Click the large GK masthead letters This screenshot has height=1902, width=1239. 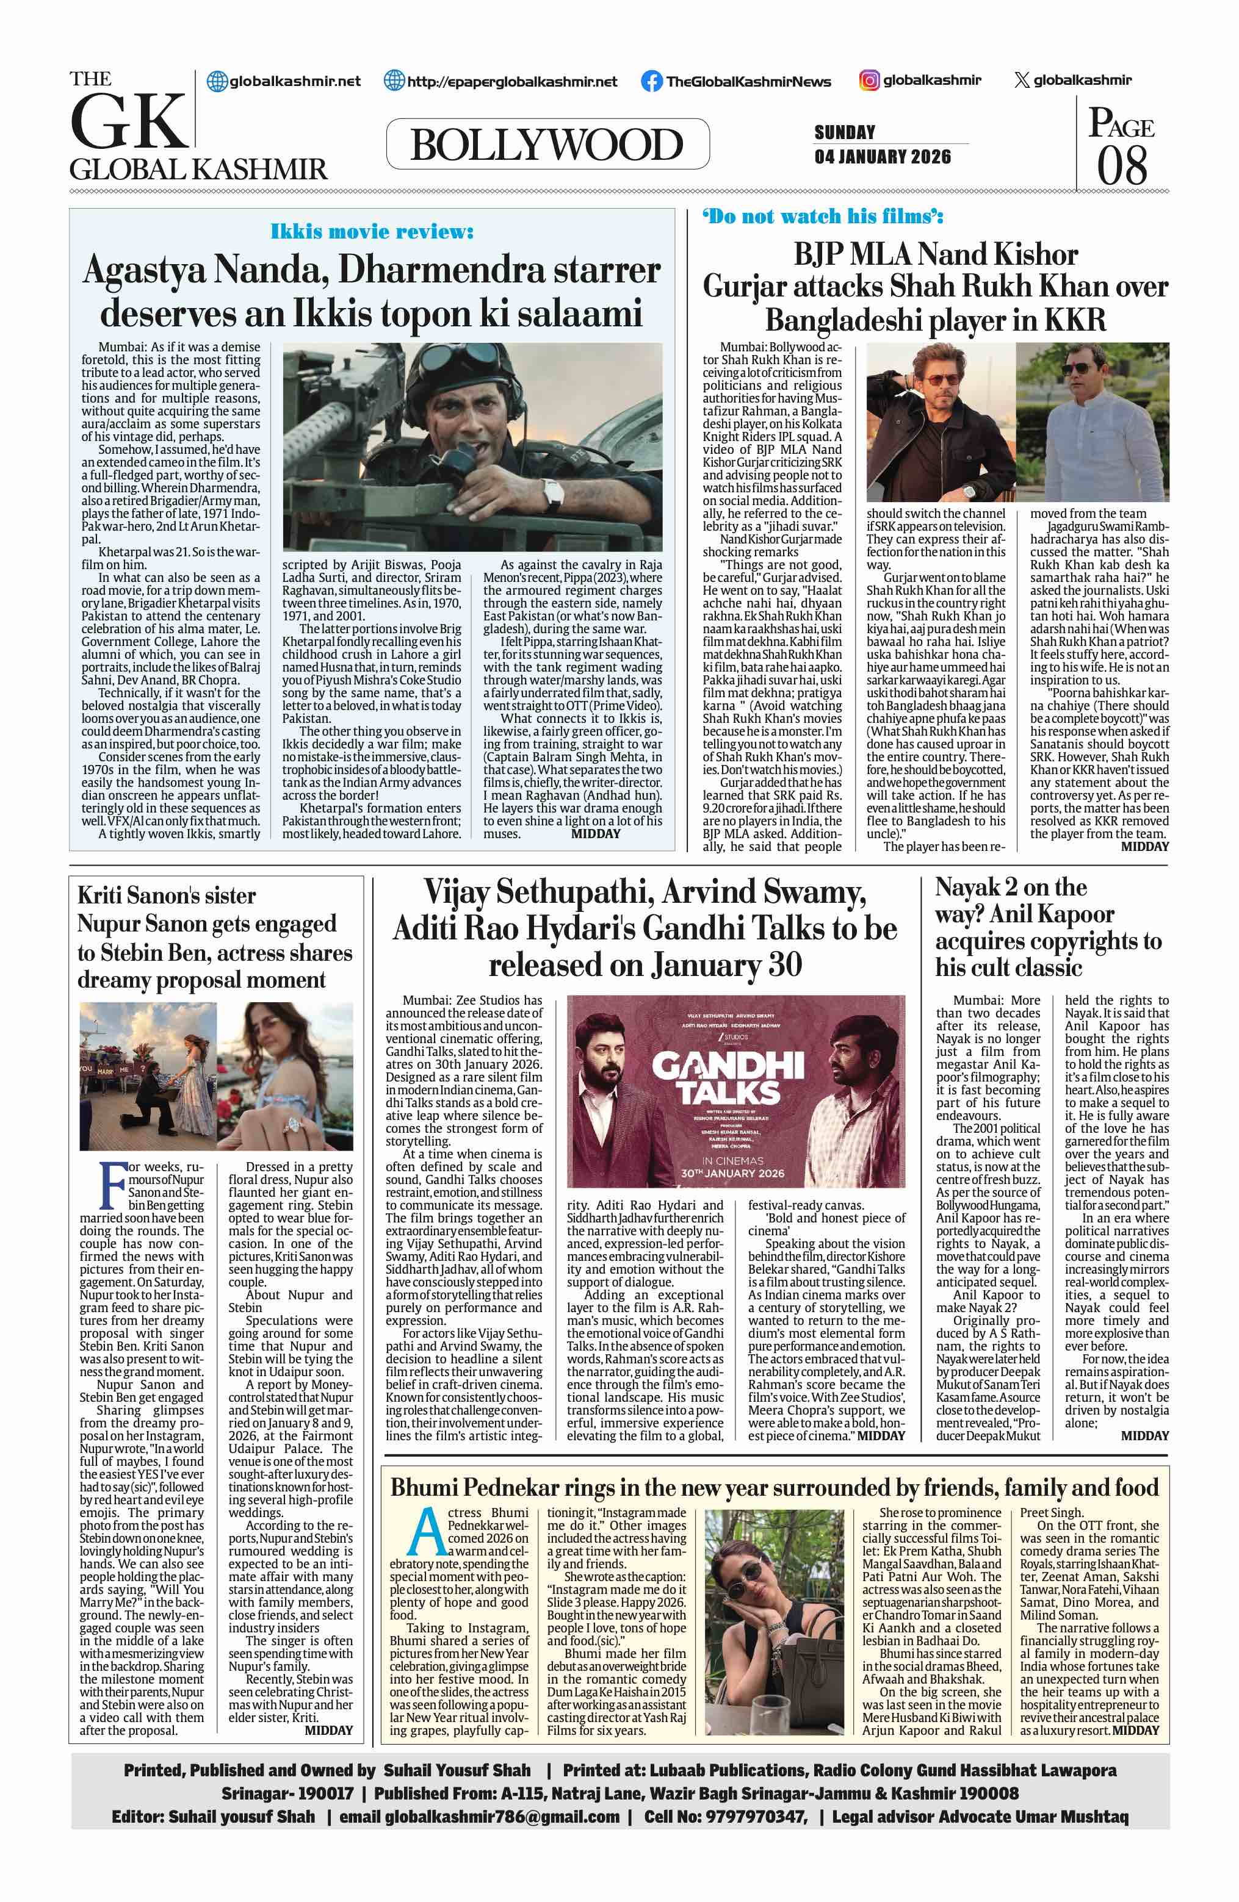[128, 120]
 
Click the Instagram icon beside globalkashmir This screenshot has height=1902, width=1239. [870, 80]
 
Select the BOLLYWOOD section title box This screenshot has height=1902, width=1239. [547, 144]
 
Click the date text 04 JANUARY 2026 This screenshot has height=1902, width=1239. [883, 157]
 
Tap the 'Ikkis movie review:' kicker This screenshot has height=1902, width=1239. [372, 232]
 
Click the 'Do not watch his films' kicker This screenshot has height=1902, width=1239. [823, 217]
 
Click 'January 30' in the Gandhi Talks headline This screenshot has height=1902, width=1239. [725, 966]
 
